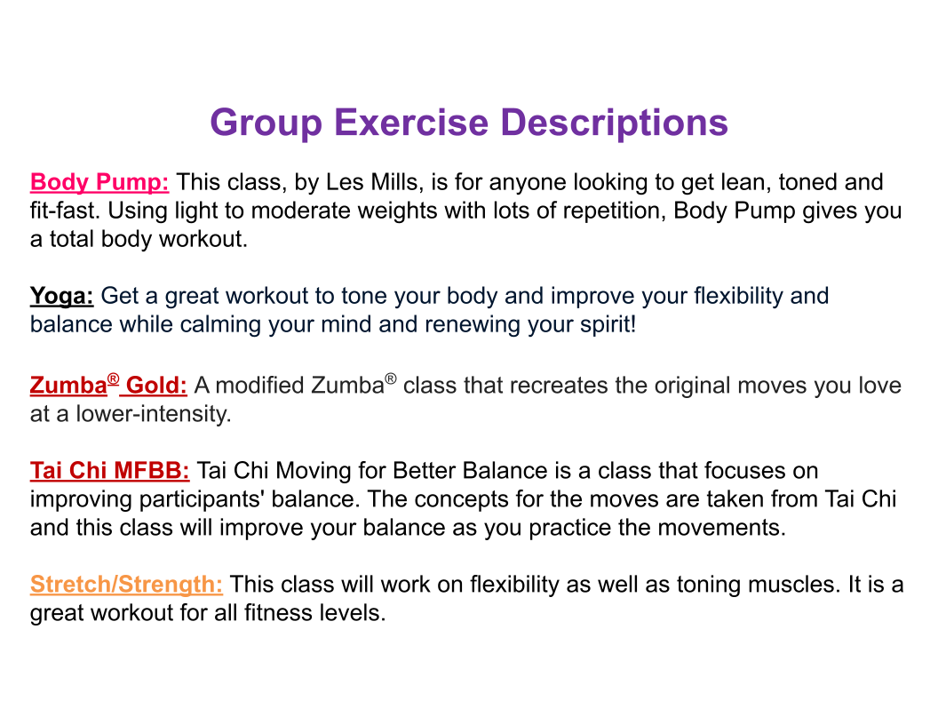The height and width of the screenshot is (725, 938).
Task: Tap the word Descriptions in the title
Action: (x=614, y=123)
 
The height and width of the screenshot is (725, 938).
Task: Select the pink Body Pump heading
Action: (x=99, y=182)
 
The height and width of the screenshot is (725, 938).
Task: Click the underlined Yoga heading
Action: (x=61, y=296)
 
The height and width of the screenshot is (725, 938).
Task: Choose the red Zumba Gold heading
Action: (x=108, y=385)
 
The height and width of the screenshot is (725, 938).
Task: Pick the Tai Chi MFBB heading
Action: (x=110, y=471)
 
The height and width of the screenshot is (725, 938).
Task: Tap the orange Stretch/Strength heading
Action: (x=126, y=585)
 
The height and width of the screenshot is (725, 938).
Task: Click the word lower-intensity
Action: (x=154, y=414)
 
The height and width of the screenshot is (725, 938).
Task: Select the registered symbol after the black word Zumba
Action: (x=391, y=378)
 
